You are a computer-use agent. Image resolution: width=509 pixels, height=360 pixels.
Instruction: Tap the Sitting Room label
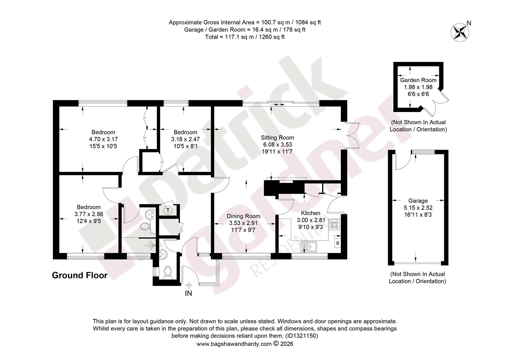(277, 138)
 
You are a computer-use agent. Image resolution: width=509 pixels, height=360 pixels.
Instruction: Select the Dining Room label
(244, 216)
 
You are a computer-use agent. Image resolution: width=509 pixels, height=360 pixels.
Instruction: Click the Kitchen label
(310, 213)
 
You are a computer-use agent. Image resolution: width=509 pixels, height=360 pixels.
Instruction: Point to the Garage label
(418, 201)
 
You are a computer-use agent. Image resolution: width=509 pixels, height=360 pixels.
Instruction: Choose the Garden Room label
(418, 80)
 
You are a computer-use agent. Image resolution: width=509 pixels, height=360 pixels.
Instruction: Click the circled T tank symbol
(168, 210)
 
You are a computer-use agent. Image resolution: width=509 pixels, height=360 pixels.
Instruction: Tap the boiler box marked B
(338, 243)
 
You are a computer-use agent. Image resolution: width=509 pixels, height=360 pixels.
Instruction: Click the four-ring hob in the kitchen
(334, 224)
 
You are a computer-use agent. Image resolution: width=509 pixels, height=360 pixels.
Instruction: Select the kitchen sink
(308, 247)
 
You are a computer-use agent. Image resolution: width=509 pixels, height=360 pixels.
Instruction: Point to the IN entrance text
(188, 293)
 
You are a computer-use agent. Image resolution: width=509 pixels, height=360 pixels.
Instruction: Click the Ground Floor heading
(80, 275)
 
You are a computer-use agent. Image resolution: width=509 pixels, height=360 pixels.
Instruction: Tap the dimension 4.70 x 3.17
(103, 139)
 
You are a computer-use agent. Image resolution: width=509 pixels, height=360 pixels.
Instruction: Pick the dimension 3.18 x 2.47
(186, 139)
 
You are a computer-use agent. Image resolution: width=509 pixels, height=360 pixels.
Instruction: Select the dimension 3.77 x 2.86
(89, 214)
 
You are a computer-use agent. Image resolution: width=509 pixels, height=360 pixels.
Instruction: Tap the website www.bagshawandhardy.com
(234, 344)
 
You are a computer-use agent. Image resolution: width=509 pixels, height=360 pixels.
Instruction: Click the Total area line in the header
(245, 37)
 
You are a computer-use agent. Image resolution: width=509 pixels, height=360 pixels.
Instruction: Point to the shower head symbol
(152, 245)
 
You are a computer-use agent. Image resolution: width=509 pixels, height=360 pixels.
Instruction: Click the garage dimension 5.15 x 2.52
(418, 208)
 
